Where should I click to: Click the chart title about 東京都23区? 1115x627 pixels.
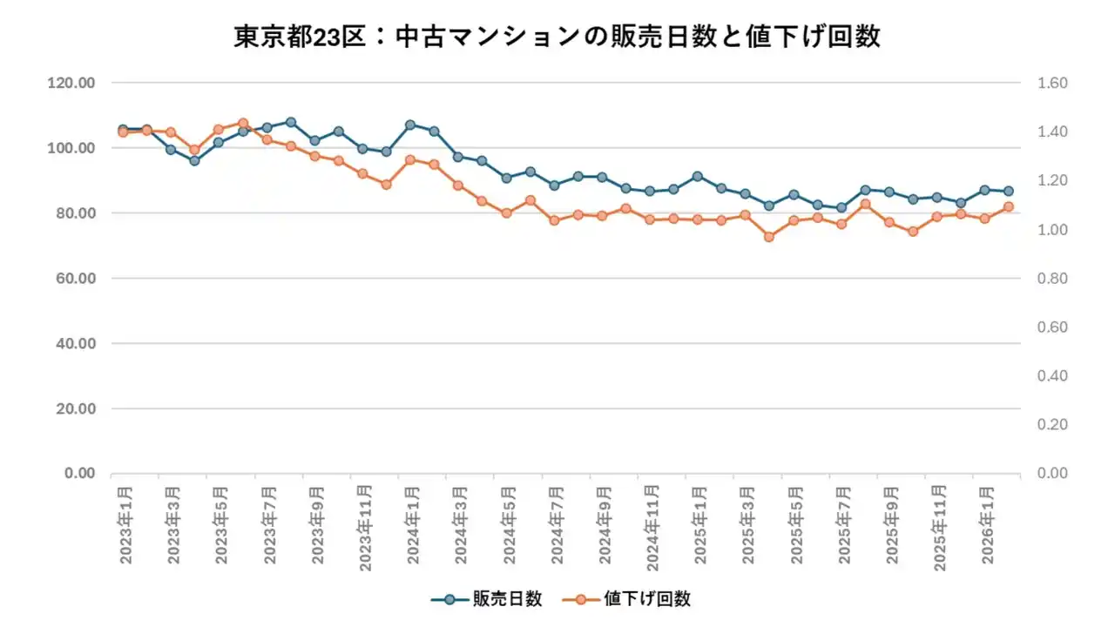tap(557, 37)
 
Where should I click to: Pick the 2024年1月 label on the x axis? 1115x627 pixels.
tap(413, 528)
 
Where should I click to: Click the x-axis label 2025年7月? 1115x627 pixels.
tap(843, 528)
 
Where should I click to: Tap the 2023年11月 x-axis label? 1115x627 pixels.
tap(365, 531)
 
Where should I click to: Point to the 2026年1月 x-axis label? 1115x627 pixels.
tap(987, 528)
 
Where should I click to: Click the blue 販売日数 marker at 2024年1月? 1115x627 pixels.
tap(410, 125)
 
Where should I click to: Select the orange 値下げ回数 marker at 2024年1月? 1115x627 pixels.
tap(410, 160)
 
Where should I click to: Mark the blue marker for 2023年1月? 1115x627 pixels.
tap(123, 129)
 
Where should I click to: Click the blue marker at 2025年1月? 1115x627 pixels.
tap(697, 177)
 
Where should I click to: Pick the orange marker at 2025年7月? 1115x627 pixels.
tap(841, 224)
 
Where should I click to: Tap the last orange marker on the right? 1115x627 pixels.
tap(1009, 206)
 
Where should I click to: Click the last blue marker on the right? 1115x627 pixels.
tap(1009, 191)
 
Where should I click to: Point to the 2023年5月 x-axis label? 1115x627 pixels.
tap(221, 528)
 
